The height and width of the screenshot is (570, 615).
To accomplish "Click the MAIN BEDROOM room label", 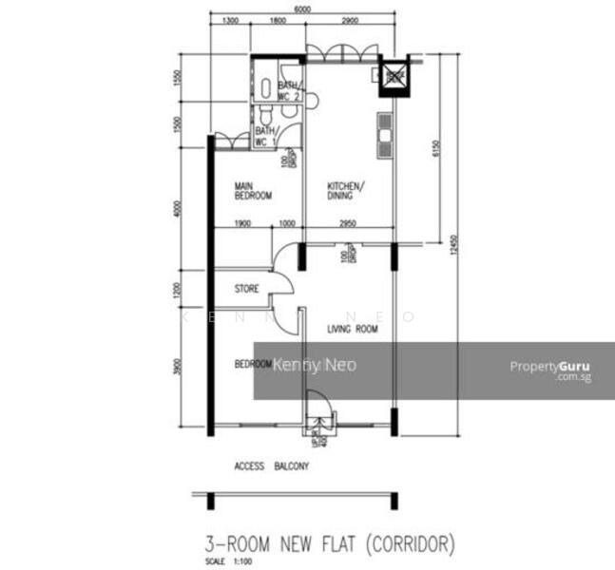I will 254,191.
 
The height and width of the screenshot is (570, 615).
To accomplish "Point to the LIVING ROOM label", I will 353,330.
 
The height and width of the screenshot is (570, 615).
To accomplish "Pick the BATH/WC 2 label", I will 289,90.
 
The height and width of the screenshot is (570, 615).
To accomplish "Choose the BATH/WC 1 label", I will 265,136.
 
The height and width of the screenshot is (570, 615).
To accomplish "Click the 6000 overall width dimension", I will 302,9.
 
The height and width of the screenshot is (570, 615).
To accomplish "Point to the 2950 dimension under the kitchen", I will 348,223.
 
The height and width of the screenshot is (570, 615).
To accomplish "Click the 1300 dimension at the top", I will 229,20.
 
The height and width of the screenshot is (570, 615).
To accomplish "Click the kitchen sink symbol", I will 385,134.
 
